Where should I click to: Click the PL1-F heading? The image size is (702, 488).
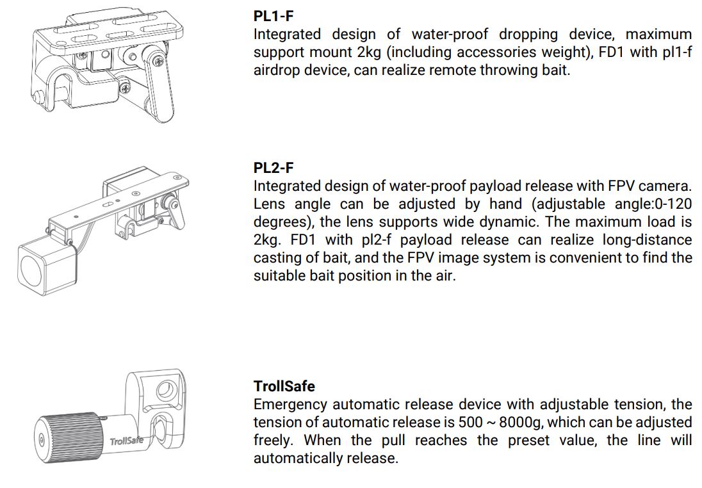click(x=274, y=16)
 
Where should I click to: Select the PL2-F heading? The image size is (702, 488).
click(x=273, y=168)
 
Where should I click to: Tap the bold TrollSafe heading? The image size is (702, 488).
click(x=284, y=386)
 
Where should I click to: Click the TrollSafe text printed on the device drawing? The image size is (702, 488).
click(x=126, y=441)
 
